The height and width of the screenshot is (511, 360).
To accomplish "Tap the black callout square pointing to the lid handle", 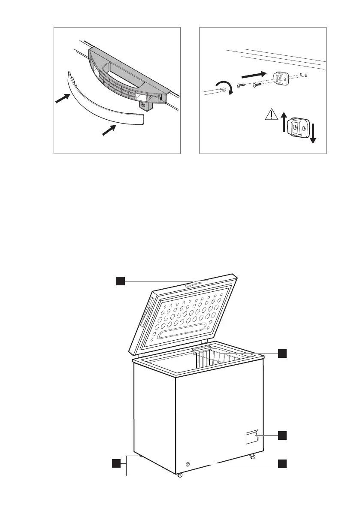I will click(x=121, y=281).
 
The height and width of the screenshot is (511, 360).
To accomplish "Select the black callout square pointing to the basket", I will click(x=282, y=353).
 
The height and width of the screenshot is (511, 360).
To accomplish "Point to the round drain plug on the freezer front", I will click(x=188, y=464).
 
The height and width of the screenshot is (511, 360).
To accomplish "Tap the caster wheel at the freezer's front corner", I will click(x=179, y=475).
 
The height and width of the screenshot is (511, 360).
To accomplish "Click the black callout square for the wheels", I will click(x=115, y=463).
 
